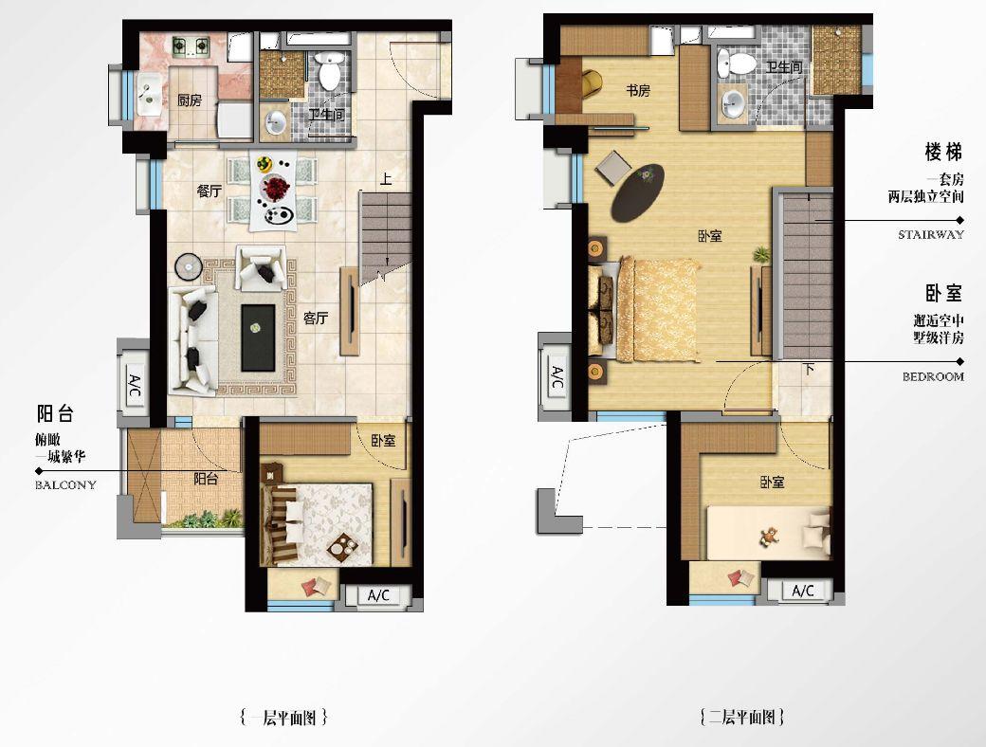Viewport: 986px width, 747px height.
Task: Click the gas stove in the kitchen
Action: [191, 46]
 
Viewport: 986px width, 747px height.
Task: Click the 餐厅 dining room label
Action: [210, 191]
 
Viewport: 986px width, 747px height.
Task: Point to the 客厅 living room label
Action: [316, 319]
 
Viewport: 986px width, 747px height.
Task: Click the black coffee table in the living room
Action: [258, 337]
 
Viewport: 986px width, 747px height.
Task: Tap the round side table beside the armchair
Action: [188, 266]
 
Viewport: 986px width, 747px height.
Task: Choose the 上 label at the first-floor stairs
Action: [386, 179]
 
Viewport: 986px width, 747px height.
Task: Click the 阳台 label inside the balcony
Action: [206, 479]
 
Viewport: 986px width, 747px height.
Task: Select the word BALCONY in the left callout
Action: [66, 484]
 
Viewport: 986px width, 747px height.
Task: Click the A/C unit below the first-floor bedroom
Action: [378, 594]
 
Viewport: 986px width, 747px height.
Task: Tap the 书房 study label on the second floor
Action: [638, 91]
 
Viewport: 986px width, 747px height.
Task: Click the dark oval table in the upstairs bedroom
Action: [638, 192]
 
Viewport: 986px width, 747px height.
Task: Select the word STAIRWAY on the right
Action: [931, 234]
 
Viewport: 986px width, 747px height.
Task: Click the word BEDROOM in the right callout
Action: [933, 376]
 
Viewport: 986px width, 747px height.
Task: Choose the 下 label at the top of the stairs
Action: [809, 369]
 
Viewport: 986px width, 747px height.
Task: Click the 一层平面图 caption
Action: [283, 717]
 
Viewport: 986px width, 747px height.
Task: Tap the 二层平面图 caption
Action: [742, 717]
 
